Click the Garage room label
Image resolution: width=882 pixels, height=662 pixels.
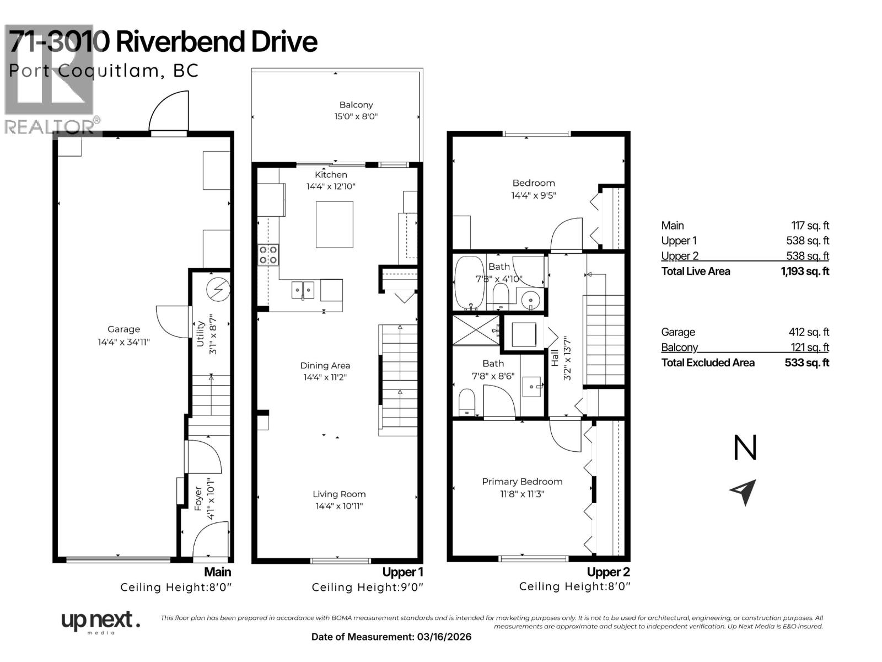tap(123, 329)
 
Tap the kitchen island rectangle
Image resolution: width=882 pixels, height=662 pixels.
tap(334, 225)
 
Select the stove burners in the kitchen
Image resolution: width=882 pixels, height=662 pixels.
tap(268, 255)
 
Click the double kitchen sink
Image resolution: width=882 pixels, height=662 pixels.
tap(302, 290)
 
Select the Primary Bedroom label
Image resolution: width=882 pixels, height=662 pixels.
tap(521, 482)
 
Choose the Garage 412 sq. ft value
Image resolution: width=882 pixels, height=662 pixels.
tap(808, 332)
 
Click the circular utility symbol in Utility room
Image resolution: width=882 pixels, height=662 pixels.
tap(218, 289)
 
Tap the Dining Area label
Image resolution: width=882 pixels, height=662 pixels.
tap(325, 365)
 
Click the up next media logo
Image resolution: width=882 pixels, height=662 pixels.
tap(99, 622)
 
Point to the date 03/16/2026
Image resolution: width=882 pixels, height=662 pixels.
tap(444, 637)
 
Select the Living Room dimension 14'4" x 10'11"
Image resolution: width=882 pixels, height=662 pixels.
tap(338, 506)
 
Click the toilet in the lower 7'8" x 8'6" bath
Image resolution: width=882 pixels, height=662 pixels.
tap(467, 402)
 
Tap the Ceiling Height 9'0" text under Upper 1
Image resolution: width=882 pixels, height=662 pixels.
tap(367, 588)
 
